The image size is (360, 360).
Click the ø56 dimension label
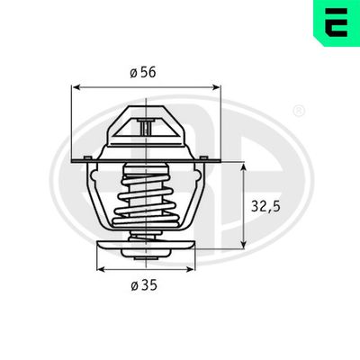click(x=144, y=73)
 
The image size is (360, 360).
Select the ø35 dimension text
click(x=144, y=285)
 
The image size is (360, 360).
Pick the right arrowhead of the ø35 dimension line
click(x=190, y=268)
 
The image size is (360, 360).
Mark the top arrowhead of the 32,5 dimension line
click(x=246, y=168)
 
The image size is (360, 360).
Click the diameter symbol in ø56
click(x=132, y=73)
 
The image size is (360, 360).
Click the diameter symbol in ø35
click(x=133, y=285)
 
